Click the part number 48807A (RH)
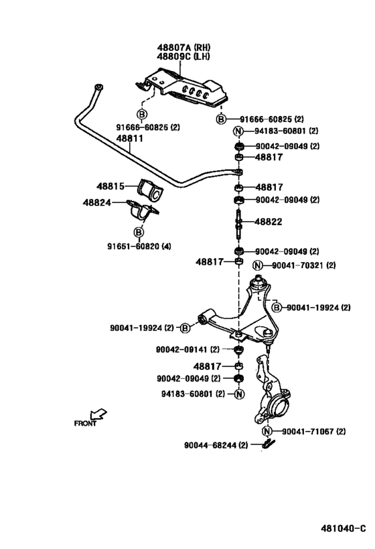click(x=183, y=47)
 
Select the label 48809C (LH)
click(x=183, y=56)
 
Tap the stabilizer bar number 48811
click(x=130, y=138)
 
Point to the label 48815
click(x=110, y=186)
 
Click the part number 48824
click(x=97, y=202)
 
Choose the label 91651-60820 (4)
click(x=139, y=247)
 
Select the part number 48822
click(x=269, y=222)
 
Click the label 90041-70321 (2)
click(x=303, y=265)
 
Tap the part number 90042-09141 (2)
click(x=187, y=349)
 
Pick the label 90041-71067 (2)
click(x=314, y=432)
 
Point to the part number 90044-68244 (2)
click(x=216, y=445)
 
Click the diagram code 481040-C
click(x=343, y=528)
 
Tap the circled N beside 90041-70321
click(x=257, y=265)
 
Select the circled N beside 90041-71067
click(x=267, y=431)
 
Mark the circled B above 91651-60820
click(x=139, y=232)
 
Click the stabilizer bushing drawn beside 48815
click(x=149, y=189)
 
